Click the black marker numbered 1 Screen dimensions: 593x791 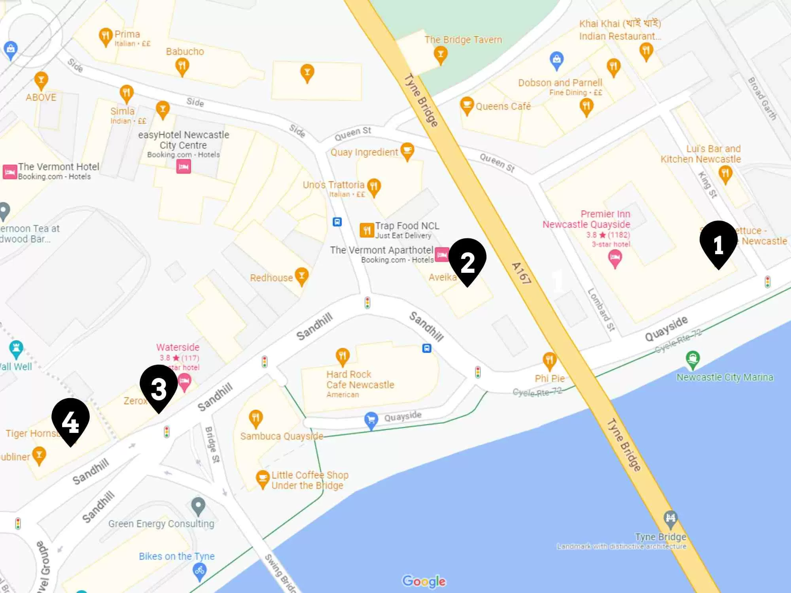tap(718, 244)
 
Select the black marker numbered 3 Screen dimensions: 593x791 tap(159, 387)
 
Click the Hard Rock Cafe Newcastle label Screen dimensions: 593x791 tap(360, 380)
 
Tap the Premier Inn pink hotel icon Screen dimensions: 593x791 tap(615, 259)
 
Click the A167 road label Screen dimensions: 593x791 tap(521, 273)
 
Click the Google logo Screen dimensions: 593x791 tap(424, 581)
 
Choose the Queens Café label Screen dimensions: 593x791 tap(503, 106)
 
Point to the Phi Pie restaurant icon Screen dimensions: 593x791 tap(549, 360)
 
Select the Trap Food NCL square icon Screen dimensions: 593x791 tap(367, 230)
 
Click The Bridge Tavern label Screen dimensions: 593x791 tap(463, 40)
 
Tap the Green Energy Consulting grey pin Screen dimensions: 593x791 tap(198, 505)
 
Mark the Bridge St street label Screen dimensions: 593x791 tap(212, 444)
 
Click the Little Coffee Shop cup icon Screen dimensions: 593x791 tap(262, 479)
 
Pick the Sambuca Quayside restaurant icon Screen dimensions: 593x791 tap(256, 418)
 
